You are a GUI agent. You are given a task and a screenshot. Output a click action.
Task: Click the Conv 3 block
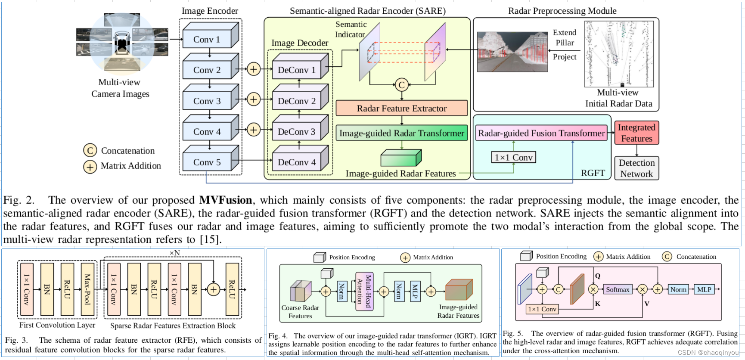tap(207, 101)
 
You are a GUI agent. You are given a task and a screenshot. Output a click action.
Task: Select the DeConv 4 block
tap(297, 162)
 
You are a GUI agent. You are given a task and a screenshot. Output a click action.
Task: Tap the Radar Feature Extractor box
tap(401, 109)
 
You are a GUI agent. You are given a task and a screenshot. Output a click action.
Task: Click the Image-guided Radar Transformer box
tap(401, 133)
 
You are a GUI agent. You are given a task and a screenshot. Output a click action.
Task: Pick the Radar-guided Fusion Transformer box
tap(541, 133)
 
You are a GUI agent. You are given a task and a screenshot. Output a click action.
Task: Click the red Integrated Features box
tap(636, 133)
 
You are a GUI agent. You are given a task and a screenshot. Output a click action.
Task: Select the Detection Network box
tap(636, 168)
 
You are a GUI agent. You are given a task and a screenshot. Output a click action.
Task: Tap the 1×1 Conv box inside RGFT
tap(513, 157)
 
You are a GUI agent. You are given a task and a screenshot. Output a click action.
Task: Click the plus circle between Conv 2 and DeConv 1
tap(254, 69)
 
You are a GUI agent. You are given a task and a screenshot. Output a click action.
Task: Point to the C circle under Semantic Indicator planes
tap(401, 85)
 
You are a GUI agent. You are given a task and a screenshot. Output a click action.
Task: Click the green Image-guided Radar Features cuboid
tap(400, 158)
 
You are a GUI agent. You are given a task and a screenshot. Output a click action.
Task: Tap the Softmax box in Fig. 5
tap(618, 289)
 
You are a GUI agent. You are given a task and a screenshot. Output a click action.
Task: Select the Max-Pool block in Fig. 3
tap(87, 289)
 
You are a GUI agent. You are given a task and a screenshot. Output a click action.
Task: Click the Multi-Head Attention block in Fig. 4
tap(364, 291)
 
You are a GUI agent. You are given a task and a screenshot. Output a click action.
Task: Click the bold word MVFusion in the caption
tap(225, 200)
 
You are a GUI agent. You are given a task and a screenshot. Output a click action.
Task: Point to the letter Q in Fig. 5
tap(598, 276)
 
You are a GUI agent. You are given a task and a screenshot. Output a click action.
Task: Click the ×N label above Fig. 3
tap(174, 253)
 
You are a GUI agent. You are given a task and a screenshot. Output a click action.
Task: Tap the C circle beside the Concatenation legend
tap(90, 150)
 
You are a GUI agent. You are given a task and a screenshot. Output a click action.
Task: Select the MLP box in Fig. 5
tap(704, 289)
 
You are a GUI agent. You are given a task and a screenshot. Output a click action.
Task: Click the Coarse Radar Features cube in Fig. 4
tap(301, 292)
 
